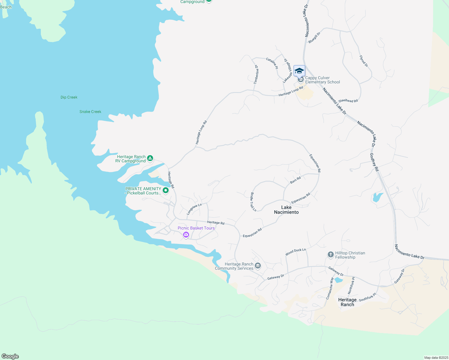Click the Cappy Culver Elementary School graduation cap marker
(299, 71)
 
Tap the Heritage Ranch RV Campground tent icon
(150, 158)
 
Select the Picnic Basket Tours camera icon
(186, 234)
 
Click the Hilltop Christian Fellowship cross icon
(330, 255)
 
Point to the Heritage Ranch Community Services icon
(258, 266)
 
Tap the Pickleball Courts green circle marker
(165, 190)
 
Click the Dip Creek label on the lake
(69, 97)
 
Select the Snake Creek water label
(90, 112)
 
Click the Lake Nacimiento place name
(286, 210)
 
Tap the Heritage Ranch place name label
(347, 302)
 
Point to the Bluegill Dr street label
(314, 37)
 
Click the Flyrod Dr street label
(363, 61)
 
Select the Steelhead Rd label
(348, 101)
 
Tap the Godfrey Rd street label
(374, 162)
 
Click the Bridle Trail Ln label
(253, 202)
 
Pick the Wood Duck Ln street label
(296, 252)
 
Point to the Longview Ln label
(194, 209)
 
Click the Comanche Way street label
(330, 288)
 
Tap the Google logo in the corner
(10, 356)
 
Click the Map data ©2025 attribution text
(435, 358)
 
